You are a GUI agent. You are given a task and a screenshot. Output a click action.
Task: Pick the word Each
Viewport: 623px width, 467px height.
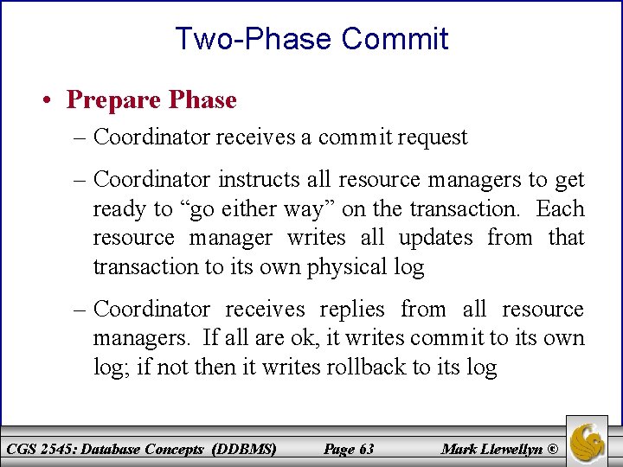560,209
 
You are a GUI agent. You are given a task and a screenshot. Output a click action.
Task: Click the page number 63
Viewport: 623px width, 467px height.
365,449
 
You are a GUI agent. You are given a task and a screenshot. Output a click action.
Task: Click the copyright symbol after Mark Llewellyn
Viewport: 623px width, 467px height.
555,449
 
